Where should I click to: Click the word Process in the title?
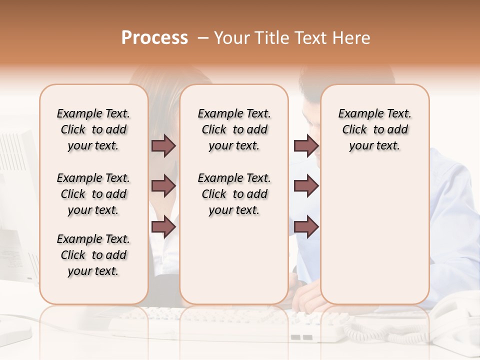[154, 38]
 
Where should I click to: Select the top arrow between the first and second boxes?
[163, 145]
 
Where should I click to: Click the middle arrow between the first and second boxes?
[163, 186]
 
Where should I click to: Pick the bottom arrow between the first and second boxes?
[163, 227]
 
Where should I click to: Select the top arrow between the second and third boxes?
[306, 145]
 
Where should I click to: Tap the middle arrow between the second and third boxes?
[306, 186]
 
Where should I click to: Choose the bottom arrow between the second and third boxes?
[306, 227]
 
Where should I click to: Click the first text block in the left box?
[93, 129]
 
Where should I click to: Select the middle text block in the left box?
[93, 194]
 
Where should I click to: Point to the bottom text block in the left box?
[93, 255]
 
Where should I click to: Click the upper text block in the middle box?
[234, 129]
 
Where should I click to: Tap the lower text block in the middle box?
[234, 194]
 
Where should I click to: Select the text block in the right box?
[375, 129]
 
